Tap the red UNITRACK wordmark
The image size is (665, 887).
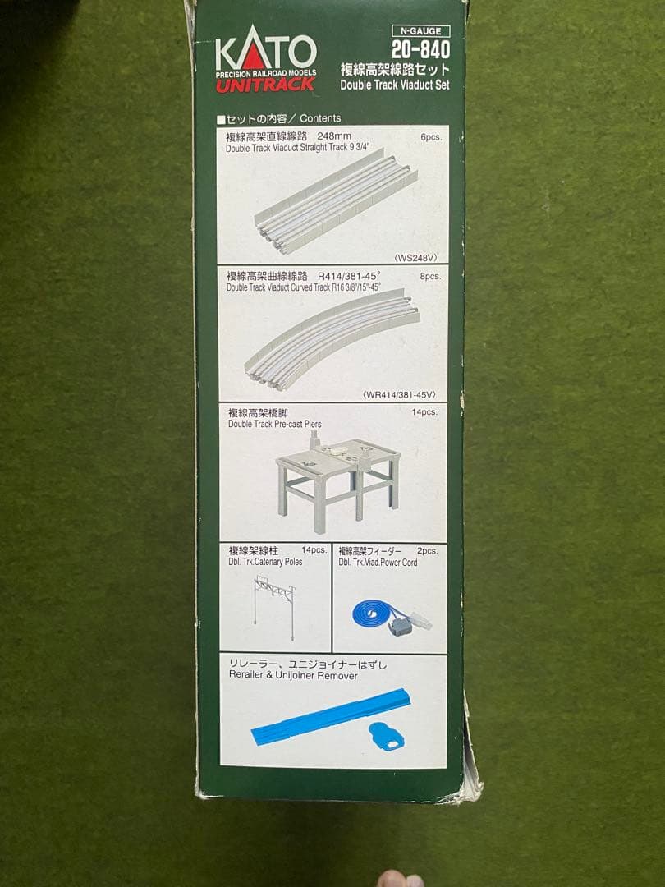pyautogui.click(x=265, y=85)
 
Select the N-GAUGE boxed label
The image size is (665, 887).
pyautogui.click(x=420, y=31)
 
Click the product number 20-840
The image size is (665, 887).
pyautogui.click(x=420, y=50)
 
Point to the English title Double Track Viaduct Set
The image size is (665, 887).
pyautogui.click(x=395, y=85)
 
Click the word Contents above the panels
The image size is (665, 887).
pyautogui.click(x=320, y=118)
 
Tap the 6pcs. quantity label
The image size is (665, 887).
pyautogui.click(x=431, y=137)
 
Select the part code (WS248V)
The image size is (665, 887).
pyautogui.click(x=415, y=258)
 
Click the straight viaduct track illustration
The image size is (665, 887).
pyautogui.click(x=336, y=201)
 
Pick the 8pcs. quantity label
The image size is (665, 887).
pyautogui.click(x=430, y=277)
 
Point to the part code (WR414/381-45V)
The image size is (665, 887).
pyautogui.click(x=399, y=395)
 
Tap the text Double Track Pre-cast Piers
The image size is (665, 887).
pyautogui.click(x=275, y=424)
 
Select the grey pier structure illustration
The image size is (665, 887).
pyautogui.click(x=338, y=481)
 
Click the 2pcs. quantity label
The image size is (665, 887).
pyautogui.click(x=428, y=550)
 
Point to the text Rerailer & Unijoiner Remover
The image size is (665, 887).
pyautogui.click(x=293, y=675)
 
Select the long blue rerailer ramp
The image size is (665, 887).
pyautogui.click(x=331, y=715)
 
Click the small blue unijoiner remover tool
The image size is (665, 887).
pyautogui.click(x=386, y=737)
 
